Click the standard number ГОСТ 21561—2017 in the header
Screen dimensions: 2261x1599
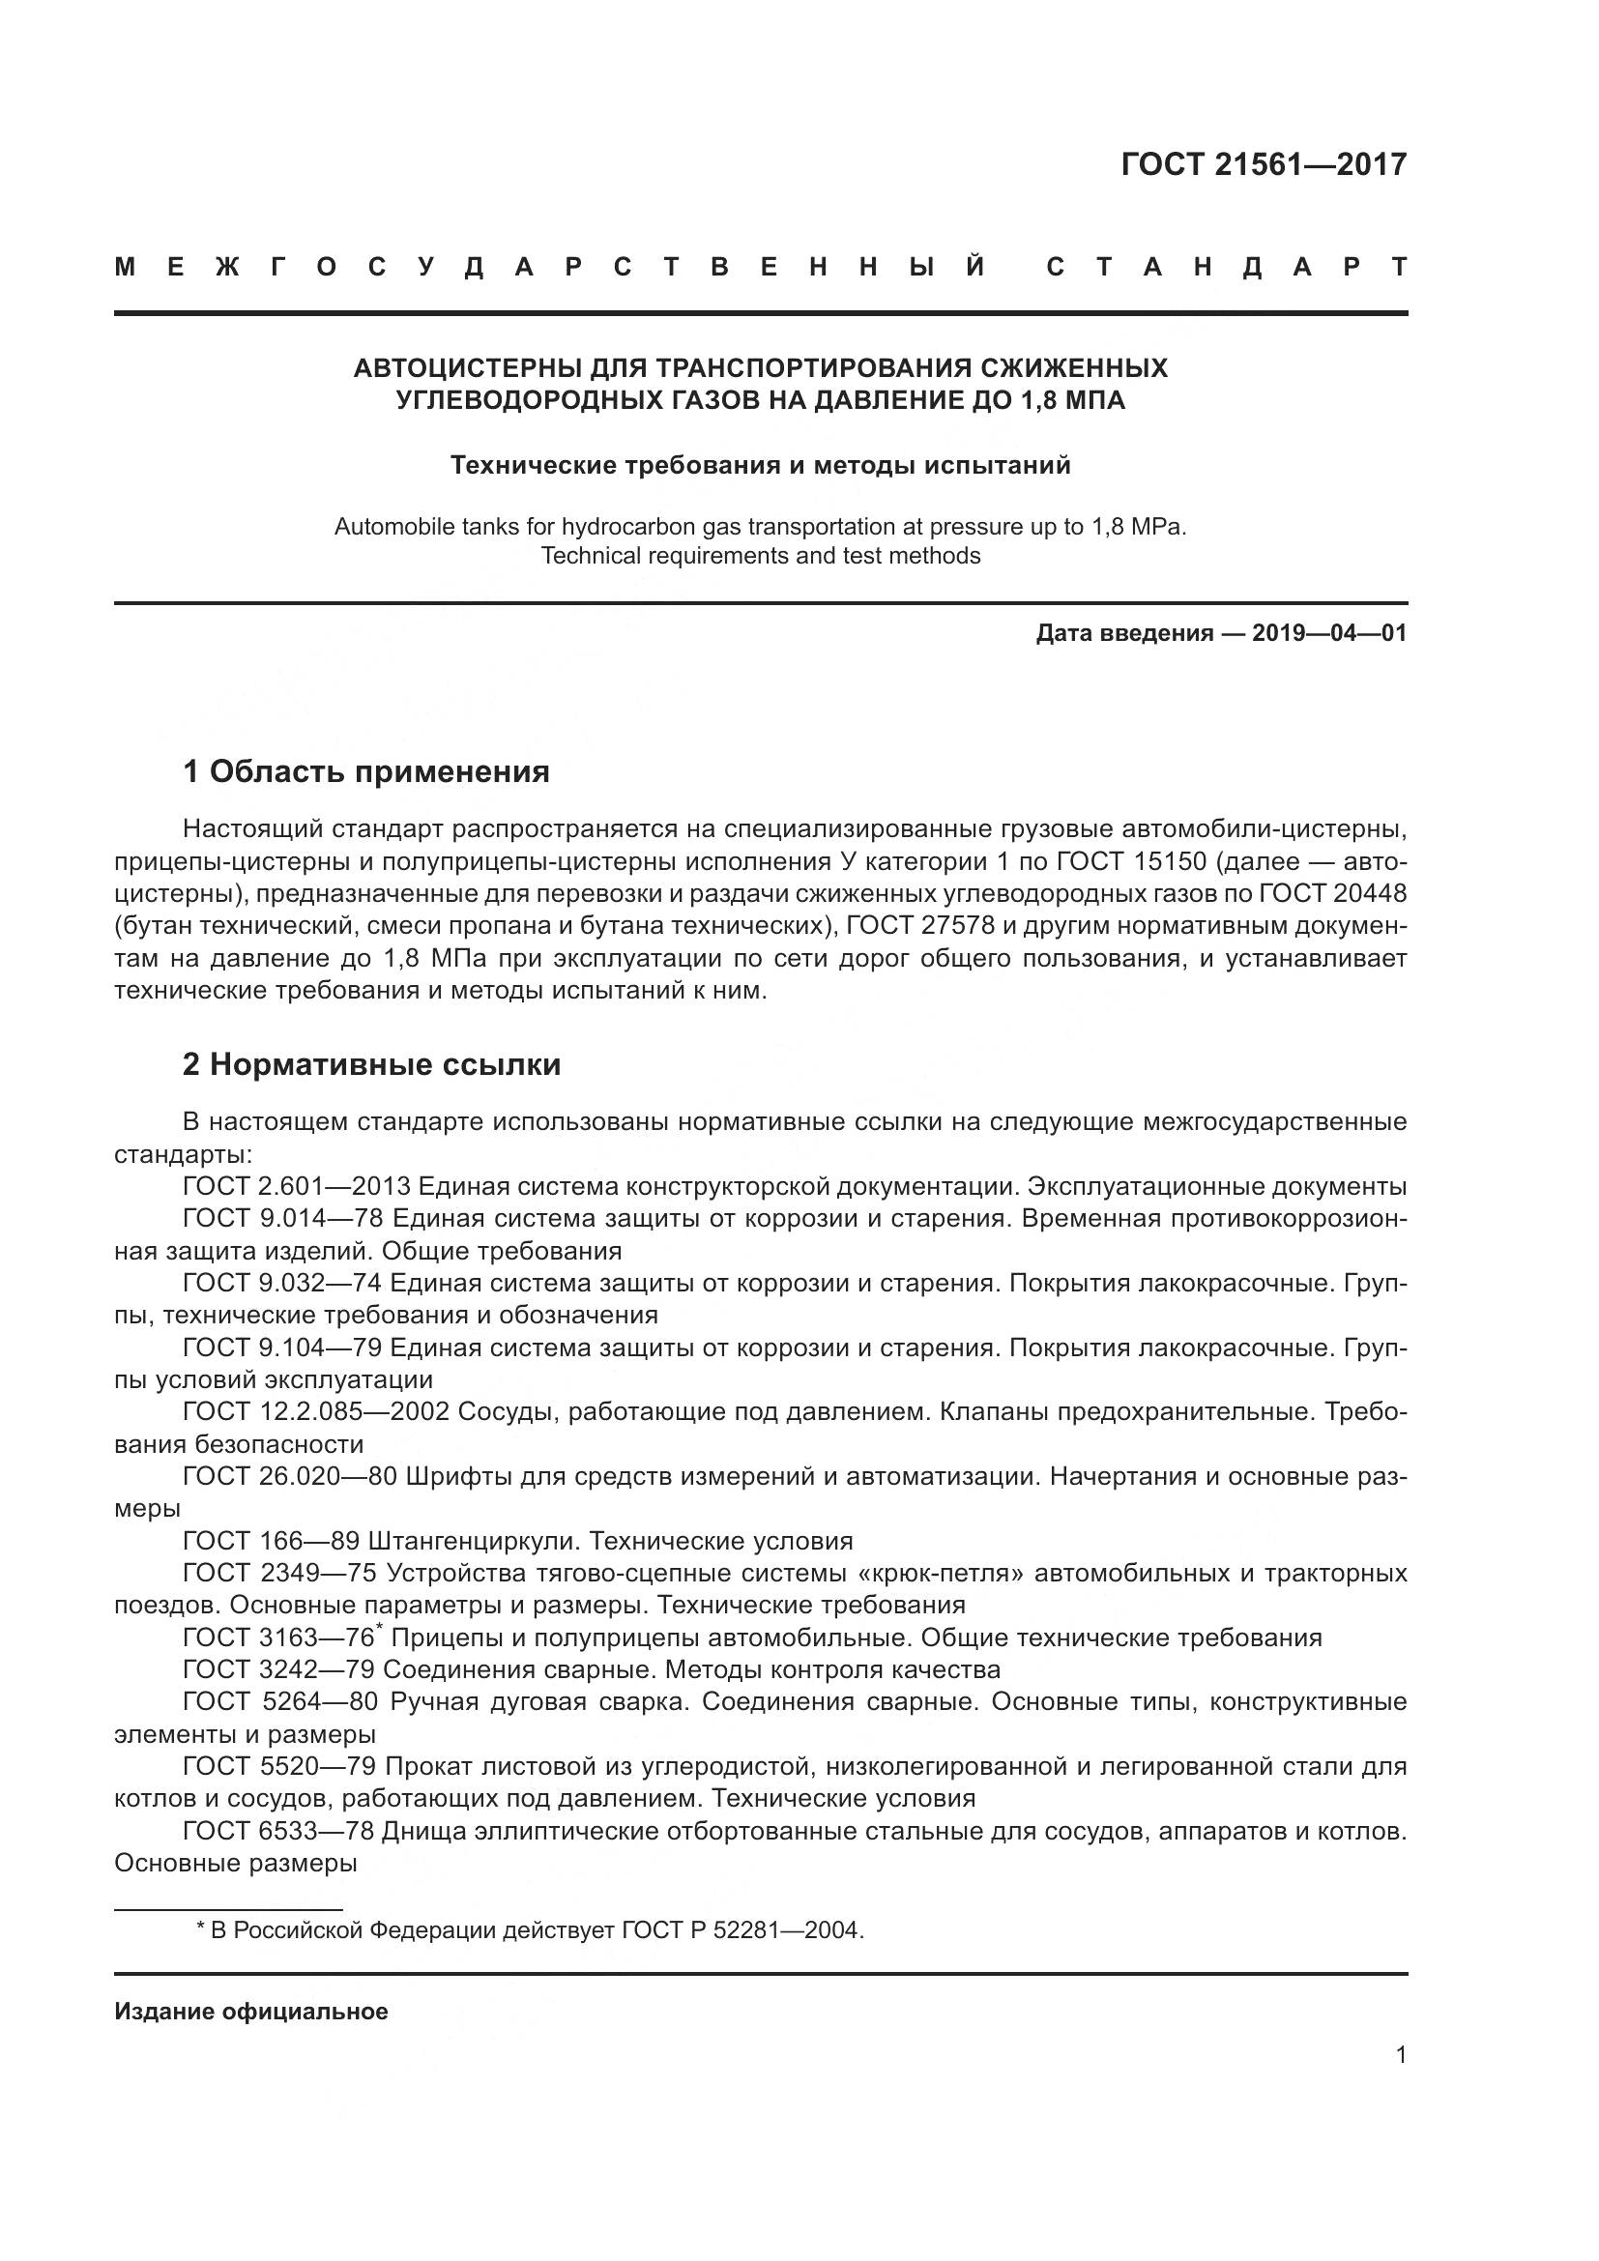1264,164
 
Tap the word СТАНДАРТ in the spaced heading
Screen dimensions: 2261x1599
1226,267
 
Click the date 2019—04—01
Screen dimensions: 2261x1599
1329,633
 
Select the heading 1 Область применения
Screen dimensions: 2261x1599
366,771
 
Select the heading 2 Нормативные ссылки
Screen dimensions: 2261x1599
371,1064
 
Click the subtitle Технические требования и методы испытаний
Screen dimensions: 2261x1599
760,465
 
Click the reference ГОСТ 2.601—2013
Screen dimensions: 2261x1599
296,1187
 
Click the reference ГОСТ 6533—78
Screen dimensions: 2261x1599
278,1832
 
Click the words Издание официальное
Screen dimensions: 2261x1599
251,2012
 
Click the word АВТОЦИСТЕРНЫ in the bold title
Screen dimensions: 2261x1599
468,368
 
